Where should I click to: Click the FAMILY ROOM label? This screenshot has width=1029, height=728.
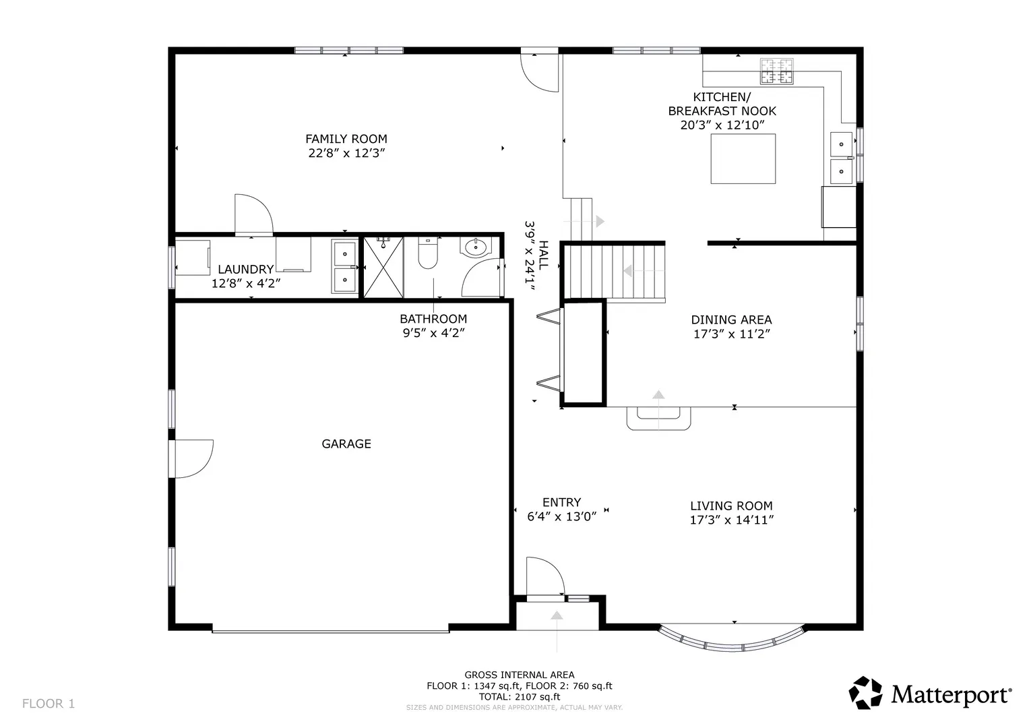point(346,139)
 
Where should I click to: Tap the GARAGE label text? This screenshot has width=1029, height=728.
point(346,444)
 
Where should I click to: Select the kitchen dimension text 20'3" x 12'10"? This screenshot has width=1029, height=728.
point(722,125)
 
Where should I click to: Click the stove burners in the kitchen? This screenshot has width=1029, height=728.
point(776,71)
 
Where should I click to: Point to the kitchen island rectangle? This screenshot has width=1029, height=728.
point(743,159)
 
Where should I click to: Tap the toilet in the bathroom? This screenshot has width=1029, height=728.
point(428,253)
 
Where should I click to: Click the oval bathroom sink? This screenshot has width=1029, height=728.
point(476,247)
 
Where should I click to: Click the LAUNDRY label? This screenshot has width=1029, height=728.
point(246,270)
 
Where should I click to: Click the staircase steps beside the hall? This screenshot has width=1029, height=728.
point(615,272)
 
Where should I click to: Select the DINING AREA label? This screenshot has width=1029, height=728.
point(731,320)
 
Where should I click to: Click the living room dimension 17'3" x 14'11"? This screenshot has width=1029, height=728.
point(732,520)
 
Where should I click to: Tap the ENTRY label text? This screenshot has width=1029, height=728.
point(561,502)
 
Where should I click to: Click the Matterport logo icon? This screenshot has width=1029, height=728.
point(865,693)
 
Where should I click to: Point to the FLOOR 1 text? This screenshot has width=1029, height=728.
point(49,704)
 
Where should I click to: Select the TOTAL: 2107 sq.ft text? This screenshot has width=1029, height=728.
point(519,697)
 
